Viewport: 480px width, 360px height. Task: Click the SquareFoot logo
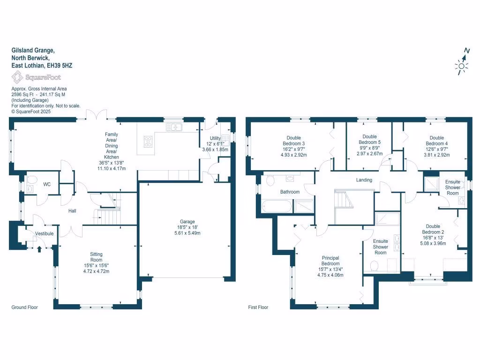click(36, 77)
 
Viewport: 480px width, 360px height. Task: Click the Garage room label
click(187, 222)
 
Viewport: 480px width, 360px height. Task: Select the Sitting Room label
click(96, 257)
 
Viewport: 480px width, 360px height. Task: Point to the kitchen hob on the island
click(148, 141)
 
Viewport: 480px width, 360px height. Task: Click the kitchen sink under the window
click(174, 127)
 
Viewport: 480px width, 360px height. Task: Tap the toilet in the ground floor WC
click(32, 180)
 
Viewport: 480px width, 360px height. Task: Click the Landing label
click(364, 180)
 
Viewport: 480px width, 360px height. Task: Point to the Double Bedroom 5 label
click(369, 140)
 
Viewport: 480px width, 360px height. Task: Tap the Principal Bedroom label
click(330, 261)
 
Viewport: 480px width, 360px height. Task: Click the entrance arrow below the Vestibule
click(39, 248)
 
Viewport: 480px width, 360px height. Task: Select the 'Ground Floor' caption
click(24, 307)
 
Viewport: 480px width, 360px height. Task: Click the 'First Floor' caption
click(258, 307)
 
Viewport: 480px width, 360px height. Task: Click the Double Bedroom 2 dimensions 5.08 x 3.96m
click(434, 243)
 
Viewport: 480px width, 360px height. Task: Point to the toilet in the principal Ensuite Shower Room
click(374, 266)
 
